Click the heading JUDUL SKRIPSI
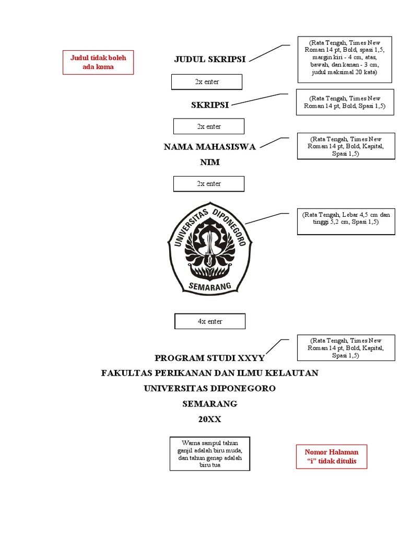[x=210, y=59]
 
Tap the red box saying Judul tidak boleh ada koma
[x=98, y=62]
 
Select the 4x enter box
[x=210, y=321]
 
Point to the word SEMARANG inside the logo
[x=209, y=286]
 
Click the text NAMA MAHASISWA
[x=210, y=147]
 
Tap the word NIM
[x=210, y=162]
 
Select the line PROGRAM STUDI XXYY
[x=210, y=358]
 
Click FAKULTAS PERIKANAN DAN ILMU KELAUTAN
[x=210, y=373]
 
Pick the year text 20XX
[x=210, y=419]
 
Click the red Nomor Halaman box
[x=332, y=457]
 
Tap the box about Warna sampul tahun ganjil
[x=210, y=454]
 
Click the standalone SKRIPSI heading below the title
[x=210, y=105]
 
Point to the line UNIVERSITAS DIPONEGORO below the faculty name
[x=210, y=389]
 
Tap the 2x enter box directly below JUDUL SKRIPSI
[x=207, y=82]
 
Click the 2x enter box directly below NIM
[x=209, y=184]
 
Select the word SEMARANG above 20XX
[x=210, y=404]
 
